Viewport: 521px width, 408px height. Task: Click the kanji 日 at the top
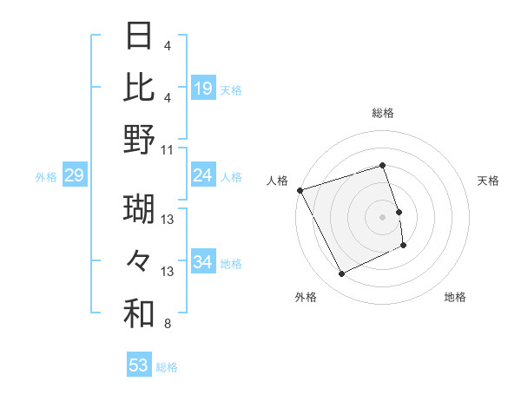(139, 36)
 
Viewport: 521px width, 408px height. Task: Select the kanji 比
(139, 87)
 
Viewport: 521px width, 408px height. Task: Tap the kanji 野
(139, 139)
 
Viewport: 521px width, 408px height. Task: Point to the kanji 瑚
(139, 209)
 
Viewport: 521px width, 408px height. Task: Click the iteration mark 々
(139, 261)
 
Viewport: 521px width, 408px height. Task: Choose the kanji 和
(139, 314)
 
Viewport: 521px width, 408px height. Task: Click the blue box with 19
(203, 88)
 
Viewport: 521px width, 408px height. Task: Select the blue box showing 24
(203, 175)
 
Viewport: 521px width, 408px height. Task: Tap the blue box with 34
(203, 262)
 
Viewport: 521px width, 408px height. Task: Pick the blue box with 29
(74, 176)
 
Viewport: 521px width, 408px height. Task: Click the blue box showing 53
(139, 365)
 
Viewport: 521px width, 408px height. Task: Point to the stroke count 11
(168, 149)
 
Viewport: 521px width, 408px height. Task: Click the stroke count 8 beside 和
(167, 325)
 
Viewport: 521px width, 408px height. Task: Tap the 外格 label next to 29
(46, 177)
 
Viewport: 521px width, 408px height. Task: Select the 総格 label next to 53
(167, 367)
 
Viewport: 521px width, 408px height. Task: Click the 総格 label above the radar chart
(383, 113)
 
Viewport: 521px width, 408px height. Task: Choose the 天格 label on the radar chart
(488, 181)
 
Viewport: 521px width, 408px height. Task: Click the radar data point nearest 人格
(300, 190)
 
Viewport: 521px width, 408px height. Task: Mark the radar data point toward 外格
(342, 274)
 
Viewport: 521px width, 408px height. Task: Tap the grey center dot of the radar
(383, 216)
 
